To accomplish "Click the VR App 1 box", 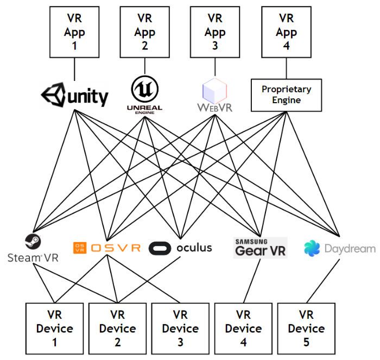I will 74,33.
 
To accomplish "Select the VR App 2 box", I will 145,33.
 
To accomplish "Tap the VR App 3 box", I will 215,33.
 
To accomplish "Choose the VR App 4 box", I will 286,33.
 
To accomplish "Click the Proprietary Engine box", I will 286,95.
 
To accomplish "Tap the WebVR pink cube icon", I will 215,90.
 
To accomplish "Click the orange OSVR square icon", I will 79,248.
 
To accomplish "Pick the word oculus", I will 194,248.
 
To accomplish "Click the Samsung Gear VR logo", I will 259,248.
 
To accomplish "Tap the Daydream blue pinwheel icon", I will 312,249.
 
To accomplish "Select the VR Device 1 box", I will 54,328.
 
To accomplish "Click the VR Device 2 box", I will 117,328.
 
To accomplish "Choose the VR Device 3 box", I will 180,328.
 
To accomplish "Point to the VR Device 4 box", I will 243,328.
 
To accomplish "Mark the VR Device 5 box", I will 306,328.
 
